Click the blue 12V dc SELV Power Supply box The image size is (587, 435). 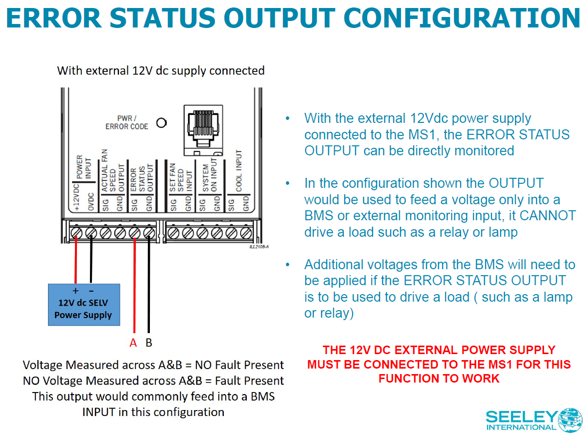coord(84,304)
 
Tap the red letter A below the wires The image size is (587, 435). coord(133,343)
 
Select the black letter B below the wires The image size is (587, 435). coord(148,343)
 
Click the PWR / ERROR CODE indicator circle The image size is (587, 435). coord(161,122)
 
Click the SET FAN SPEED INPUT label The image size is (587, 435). coord(180,177)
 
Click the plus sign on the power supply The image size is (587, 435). coord(76,290)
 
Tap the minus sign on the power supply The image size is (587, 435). coord(91,290)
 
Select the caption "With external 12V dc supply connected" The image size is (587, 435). coord(161,70)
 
